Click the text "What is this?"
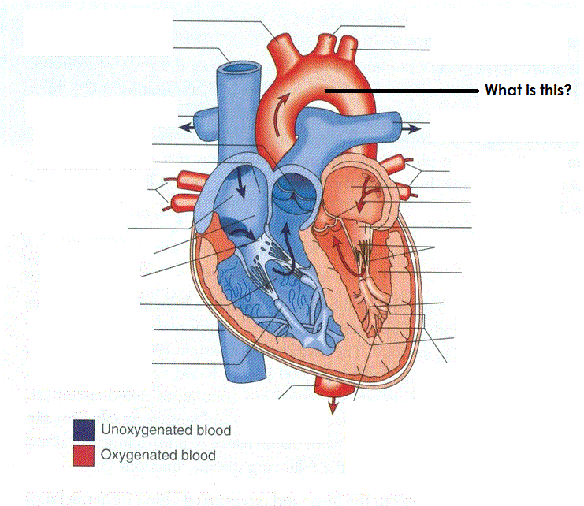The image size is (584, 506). (x=527, y=91)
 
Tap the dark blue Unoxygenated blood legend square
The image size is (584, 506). (x=82, y=430)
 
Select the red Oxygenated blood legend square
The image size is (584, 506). (x=82, y=455)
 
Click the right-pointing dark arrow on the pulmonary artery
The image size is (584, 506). (x=411, y=126)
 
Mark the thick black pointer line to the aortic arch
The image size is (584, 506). (x=402, y=91)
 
